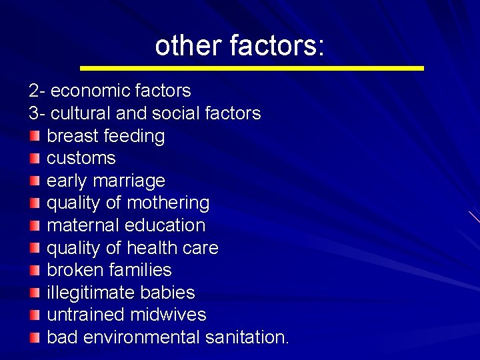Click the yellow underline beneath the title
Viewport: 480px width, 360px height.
point(251,68)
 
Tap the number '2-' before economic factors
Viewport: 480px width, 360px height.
point(36,91)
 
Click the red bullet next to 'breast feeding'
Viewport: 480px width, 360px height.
point(35,136)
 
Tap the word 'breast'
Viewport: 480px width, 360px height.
point(71,136)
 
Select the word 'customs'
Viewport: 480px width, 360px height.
point(81,159)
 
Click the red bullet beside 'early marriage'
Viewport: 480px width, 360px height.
point(35,181)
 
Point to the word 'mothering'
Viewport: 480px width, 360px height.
point(168,203)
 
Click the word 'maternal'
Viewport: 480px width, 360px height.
point(83,225)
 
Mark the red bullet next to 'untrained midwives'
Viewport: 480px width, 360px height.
point(35,315)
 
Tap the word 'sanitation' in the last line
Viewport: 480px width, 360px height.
point(245,337)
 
